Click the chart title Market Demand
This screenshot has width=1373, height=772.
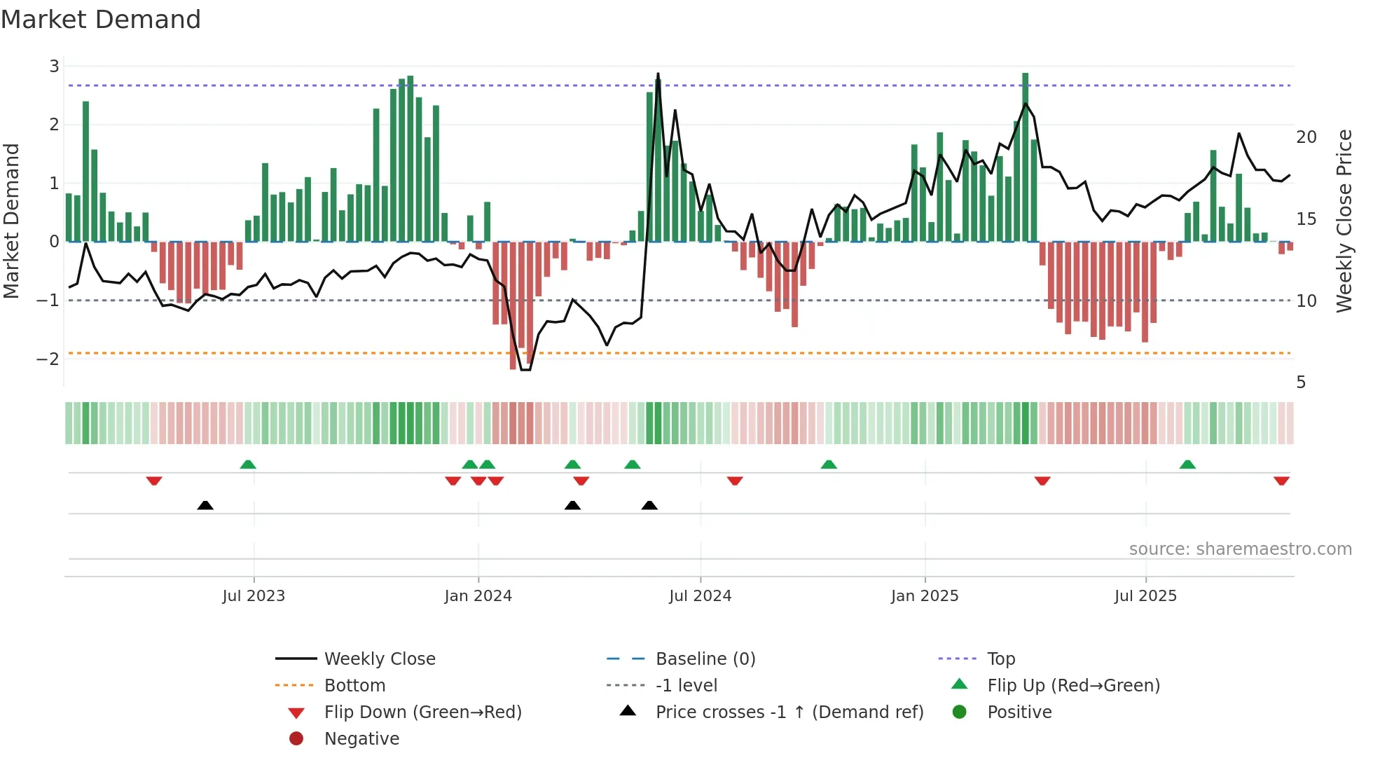(101, 20)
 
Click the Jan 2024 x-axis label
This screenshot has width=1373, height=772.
(478, 596)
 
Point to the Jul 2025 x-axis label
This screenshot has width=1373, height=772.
(1145, 596)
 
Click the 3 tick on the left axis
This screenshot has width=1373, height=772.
(54, 67)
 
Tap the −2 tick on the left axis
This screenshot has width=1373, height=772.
(48, 359)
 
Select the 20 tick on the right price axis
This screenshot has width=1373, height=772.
(1306, 137)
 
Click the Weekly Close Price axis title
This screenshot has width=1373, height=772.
(1344, 221)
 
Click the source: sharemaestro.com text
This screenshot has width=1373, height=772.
(1240, 549)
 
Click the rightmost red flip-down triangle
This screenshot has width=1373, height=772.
(1281, 481)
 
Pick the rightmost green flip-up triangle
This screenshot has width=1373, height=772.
(1187, 464)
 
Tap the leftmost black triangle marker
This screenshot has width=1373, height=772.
(205, 505)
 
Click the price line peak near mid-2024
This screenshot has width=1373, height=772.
(658, 74)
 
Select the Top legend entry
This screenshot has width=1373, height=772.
(1000, 659)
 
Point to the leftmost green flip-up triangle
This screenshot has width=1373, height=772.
(248, 464)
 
